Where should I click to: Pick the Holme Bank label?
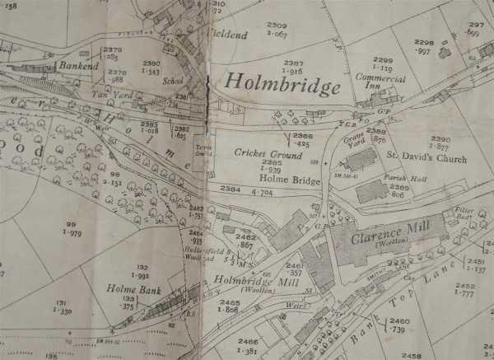[126, 289]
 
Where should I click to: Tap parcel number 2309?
[276, 26]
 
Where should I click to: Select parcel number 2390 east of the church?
[440, 139]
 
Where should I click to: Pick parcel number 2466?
[247, 341]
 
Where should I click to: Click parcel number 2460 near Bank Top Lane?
[398, 321]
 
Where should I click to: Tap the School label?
[173, 82]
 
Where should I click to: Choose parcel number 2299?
[384, 60]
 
